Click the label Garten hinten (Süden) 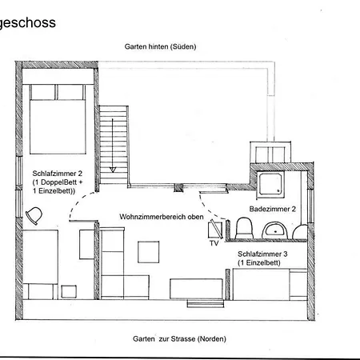tap(160, 46)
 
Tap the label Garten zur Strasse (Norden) tap(179, 339)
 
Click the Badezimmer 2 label tap(273, 209)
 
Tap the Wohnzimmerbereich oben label tap(162, 217)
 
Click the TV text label tap(214, 243)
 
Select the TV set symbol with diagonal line tap(215, 229)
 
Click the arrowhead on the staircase tap(113, 170)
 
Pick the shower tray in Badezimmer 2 tap(270, 185)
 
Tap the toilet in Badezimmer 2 tap(244, 228)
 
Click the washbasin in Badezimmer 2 tap(274, 230)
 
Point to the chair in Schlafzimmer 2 tap(34, 216)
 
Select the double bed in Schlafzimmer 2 tap(58, 119)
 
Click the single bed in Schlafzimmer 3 tap(270, 284)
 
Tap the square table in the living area tap(149, 252)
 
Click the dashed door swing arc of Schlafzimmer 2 tap(78, 202)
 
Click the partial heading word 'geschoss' tap(27, 23)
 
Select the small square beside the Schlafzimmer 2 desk tap(69, 292)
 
